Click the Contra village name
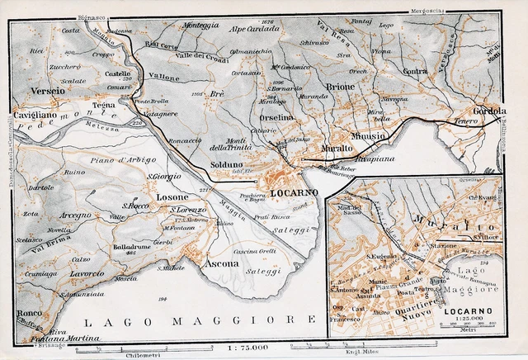[416, 71]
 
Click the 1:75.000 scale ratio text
[250, 349]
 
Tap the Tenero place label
[467, 121]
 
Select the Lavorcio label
[87, 273]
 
